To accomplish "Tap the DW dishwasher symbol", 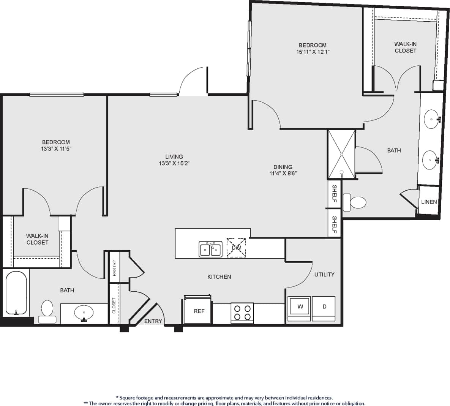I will pos(236,248).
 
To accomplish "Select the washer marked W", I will pos(299,308).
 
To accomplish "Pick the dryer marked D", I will pos(324,308).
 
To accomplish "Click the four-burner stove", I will pos(242,313).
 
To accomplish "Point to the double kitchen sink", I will pos(210,249).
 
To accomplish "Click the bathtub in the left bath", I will pos(16,293).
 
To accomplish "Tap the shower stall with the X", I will pos(342,154).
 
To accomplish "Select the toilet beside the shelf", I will pos(355,202).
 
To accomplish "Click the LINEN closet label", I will pos(429,202).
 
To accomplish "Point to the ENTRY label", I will pos(153,321).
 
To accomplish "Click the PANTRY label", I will pos(114,267).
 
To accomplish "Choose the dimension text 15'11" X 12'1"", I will pos(313,52).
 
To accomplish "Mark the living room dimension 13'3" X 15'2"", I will pos(174,163).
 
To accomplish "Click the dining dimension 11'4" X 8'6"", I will pos(283,174).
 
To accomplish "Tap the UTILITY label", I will pos(324,274).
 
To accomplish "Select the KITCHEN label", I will pos(219,277).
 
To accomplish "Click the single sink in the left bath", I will pos(84,313).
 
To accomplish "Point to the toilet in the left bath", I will pos(47,311).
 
